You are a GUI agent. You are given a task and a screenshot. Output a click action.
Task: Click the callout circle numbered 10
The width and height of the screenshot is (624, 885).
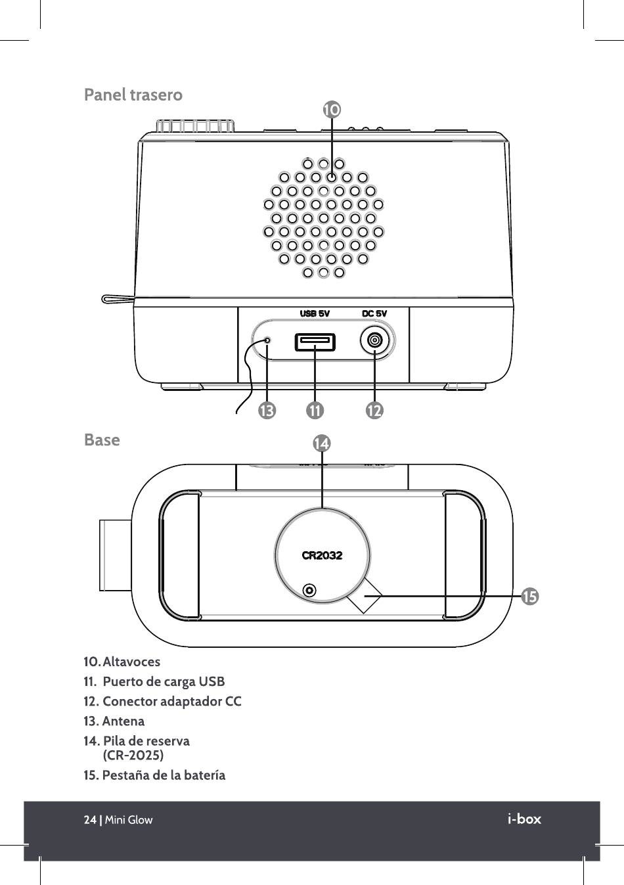pyautogui.click(x=332, y=110)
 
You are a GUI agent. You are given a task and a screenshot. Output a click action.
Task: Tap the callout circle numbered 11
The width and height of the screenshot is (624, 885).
pyautogui.click(x=315, y=411)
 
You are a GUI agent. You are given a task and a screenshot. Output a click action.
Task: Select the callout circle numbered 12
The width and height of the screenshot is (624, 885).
pyautogui.click(x=374, y=411)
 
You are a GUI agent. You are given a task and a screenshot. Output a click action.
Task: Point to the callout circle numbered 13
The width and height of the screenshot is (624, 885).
pyautogui.click(x=267, y=411)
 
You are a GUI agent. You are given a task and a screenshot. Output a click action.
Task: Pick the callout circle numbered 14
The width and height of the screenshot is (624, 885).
pyautogui.click(x=322, y=443)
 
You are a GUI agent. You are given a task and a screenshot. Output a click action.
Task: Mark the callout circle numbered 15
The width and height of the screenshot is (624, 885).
pyautogui.click(x=529, y=597)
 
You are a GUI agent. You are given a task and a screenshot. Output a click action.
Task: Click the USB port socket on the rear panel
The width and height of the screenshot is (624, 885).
pyautogui.click(x=315, y=342)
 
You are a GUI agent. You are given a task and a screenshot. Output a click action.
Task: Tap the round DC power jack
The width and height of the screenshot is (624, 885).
pyautogui.click(x=374, y=340)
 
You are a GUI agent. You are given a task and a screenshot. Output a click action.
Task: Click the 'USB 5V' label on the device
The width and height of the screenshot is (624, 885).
pyautogui.click(x=315, y=313)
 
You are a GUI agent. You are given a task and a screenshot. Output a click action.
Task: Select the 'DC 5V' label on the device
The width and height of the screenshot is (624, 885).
pyautogui.click(x=374, y=313)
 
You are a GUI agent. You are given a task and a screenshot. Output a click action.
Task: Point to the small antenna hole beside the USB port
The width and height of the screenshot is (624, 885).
pyautogui.click(x=267, y=340)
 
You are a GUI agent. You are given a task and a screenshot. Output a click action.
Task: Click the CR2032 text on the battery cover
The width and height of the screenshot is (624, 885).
pyautogui.click(x=322, y=555)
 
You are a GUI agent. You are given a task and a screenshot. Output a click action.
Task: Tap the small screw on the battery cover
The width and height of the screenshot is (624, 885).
pyautogui.click(x=309, y=589)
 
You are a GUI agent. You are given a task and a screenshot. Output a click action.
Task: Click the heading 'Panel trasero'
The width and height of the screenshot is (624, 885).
pyautogui.click(x=133, y=95)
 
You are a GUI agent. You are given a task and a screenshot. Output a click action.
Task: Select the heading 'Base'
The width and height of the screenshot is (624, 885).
pyautogui.click(x=102, y=440)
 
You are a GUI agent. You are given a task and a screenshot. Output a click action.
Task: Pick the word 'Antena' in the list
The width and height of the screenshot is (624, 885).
pyautogui.click(x=123, y=721)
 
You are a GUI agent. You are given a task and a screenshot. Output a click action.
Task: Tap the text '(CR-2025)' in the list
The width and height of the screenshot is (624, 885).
pyautogui.click(x=133, y=755)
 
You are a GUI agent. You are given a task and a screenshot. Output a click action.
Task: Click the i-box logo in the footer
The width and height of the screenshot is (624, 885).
pyautogui.click(x=524, y=819)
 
